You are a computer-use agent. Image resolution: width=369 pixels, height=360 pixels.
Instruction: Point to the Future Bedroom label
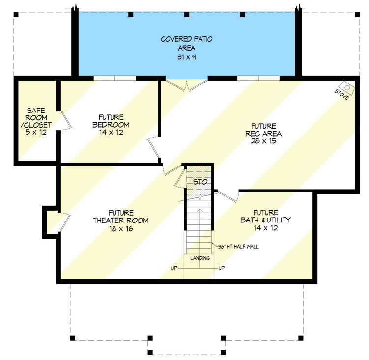pyautogui.click(x=110, y=121)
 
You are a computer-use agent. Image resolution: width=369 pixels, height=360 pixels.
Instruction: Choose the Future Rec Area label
pyautogui.click(x=263, y=130)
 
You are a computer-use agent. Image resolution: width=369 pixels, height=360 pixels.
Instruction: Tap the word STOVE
pyautogui.click(x=341, y=95)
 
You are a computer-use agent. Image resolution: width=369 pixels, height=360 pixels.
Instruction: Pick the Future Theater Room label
pyautogui.click(x=121, y=217)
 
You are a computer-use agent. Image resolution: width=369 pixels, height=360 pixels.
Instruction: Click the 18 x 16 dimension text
pyautogui.click(x=121, y=229)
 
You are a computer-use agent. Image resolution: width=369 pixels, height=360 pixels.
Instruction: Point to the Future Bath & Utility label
pyautogui.click(x=265, y=217)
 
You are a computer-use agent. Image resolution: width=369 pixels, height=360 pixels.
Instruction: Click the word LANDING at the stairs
pyautogui.click(x=200, y=258)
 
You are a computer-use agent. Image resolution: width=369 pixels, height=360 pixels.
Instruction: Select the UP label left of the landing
pyautogui.click(x=174, y=268)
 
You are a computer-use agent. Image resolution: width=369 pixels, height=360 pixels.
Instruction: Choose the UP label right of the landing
pyautogui.click(x=222, y=268)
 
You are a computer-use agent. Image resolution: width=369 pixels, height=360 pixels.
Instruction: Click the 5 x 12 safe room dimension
pyautogui.click(x=36, y=132)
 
